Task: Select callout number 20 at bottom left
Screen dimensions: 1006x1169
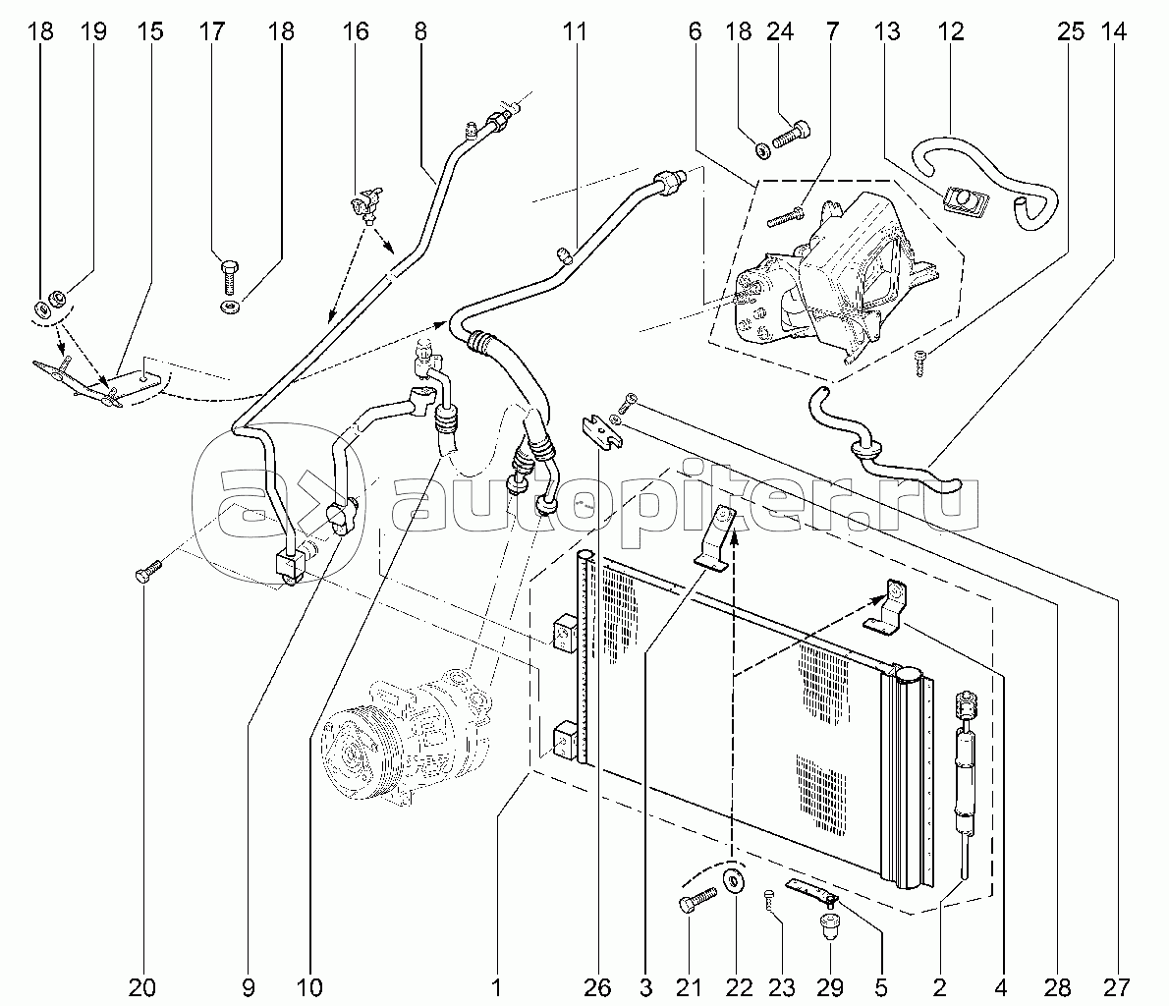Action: pyautogui.click(x=143, y=985)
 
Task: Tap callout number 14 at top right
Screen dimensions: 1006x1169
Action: pyautogui.click(x=1113, y=31)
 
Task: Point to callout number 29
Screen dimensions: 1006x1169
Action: pyautogui.click(x=831, y=985)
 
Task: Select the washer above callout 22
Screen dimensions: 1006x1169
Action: pyautogui.click(x=733, y=879)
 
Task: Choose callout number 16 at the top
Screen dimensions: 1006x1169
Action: pyautogui.click(x=356, y=31)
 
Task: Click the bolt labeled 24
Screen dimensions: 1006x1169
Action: pyautogui.click(x=791, y=134)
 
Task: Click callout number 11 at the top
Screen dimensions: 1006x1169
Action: pyautogui.click(x=575, y=31)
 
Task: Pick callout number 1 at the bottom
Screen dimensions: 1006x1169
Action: pyautogui.click(x=497, y=985)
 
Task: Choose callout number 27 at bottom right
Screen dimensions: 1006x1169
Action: pyautogui.click(x=1113, y=985)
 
